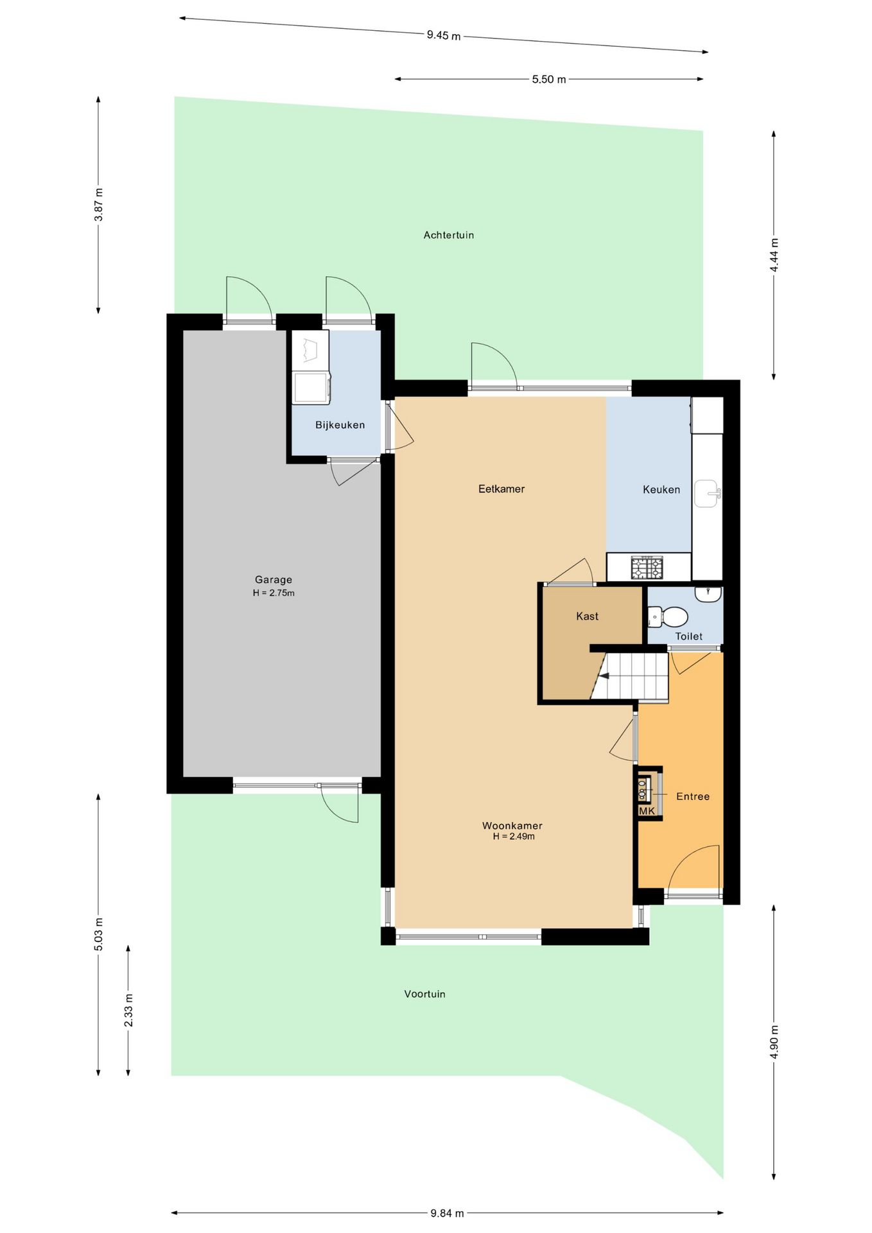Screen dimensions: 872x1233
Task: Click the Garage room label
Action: (274, 579)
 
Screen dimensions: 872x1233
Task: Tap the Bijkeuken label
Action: (340, 425)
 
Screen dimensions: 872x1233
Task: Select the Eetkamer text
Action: (501, 489)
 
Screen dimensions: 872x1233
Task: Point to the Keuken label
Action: (661, 489)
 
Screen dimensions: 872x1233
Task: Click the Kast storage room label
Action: (587, 616)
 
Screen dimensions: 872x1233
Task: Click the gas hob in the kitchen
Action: (647, 568)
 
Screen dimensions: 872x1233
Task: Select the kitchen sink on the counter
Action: (707, 493)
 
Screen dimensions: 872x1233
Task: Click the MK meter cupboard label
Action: (647, 811)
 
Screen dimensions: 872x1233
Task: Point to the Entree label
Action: (693, 796)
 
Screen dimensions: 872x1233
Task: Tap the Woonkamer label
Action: (512, 826)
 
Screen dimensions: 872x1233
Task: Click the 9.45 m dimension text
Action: (444, 35)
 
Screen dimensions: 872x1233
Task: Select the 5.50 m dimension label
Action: (549, 80)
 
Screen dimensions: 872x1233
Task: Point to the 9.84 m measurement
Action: (447, 1213)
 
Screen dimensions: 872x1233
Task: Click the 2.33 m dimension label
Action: (128, 1010)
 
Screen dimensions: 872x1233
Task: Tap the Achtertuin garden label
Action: (449, 235)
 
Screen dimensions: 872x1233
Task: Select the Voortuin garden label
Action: (424, 994)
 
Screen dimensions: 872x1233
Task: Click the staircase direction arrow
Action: (603, 676)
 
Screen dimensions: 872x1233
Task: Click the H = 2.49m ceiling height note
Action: (514, 837)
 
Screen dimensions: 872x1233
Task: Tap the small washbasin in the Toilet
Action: (708, 594)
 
